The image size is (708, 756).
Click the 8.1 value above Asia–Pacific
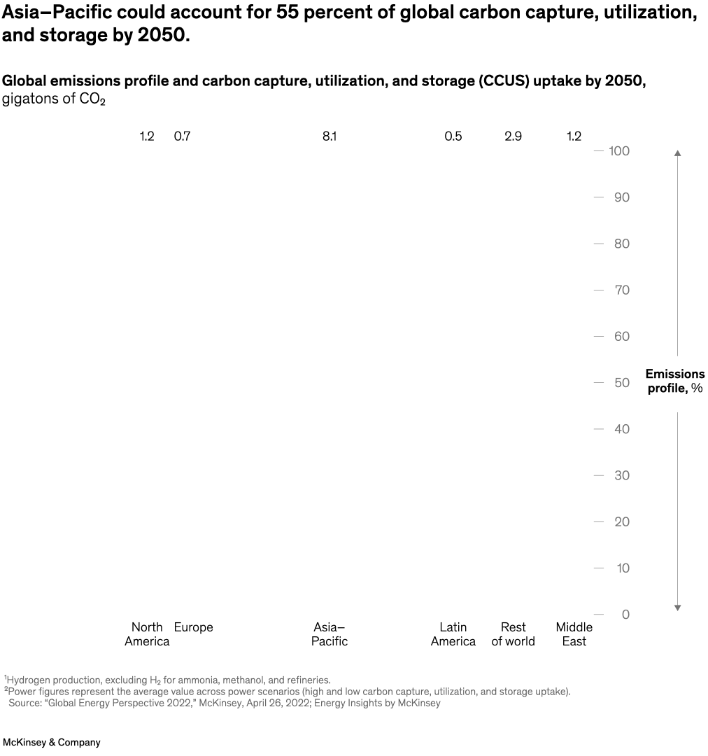pyautogui.click(x=330, y=136)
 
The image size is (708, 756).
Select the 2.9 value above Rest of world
pyautogui.click(x=513, y=136)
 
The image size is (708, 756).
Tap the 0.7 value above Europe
pyautogui.click(x=182, y=136)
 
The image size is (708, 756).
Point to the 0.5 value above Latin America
pyautogui.click(x=453, y=136)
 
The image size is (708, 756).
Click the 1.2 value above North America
pyautogui.click(x=147, y=136)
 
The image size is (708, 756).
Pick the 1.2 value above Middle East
pyautogui.click(x=574, y=136)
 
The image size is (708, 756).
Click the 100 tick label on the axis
pyautogui.click(x=619, y=151)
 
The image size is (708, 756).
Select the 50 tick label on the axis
pyautogui.click(x=622, y=383)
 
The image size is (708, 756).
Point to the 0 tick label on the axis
pyautogui.click(x=625, y=615)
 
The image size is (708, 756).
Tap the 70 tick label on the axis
pyautogui.click(x=622, y=290)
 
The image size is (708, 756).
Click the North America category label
pyautogui.click(x=147, y=634)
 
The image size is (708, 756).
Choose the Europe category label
pyautogui.click(x=193, y=627)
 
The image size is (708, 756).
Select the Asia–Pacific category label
pyautogui.click(x=330, y=634)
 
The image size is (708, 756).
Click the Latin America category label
pyautogui.click(x=453, y=634)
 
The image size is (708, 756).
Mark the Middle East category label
pyautogui.click(x=574, y=634)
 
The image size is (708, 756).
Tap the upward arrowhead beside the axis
pyautogui.click(x=677, y=153)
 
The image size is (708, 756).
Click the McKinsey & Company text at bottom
pyautogui.click(x=52, y=742)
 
